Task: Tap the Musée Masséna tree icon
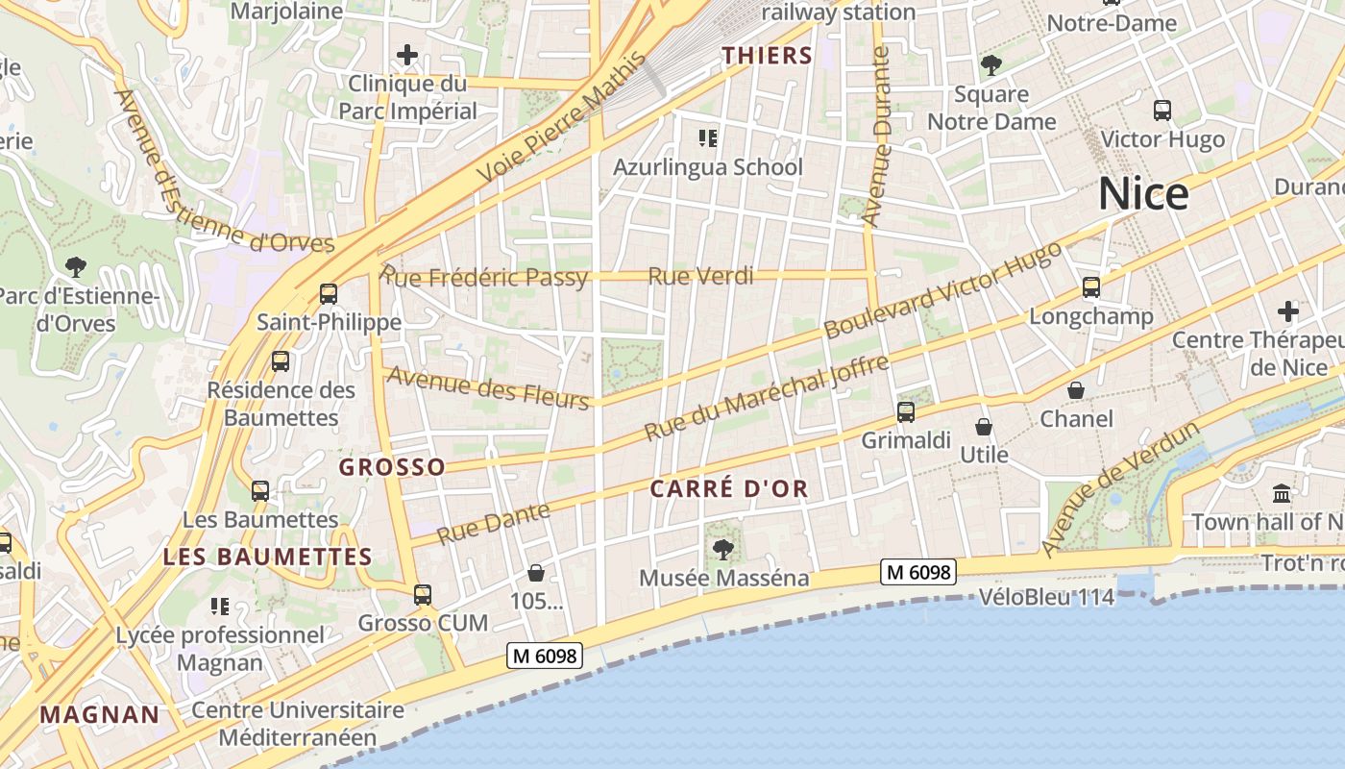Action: click(x=723, y=550)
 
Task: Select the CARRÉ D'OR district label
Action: click(x=729, y=488)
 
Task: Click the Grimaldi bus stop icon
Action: click(x=905, y=412)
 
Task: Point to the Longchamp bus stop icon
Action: click(x=1090, y=286)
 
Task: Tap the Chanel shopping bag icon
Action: click(x=1076, y=390)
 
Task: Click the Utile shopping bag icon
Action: click(x=984, y=427)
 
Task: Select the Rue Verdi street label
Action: click(x=700, y=277)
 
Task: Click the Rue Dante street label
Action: click(x=494, y=523)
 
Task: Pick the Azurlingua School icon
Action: click(x=708, y=138)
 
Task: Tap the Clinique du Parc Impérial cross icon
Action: click(x=407, y=55)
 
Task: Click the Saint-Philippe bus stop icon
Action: click(x=329, y=293)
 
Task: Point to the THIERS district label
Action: click(x=768, y=56)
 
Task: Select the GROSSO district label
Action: click(x=392, y=467)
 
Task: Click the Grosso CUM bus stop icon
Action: click(x=423, y=594)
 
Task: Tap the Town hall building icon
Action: click(x=1281, y=494)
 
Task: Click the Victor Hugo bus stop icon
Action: click(x=1162, y=111)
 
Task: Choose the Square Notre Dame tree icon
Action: click(x=990, y=65)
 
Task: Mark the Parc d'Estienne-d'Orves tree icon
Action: click(x=75, y=266)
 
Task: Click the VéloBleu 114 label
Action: click(x=1046, y=597)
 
